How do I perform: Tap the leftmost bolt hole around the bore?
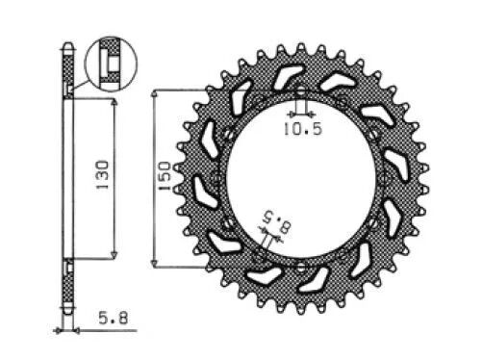[216, 179]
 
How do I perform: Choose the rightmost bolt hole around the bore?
[385, 179]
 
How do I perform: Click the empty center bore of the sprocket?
[300, 179]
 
